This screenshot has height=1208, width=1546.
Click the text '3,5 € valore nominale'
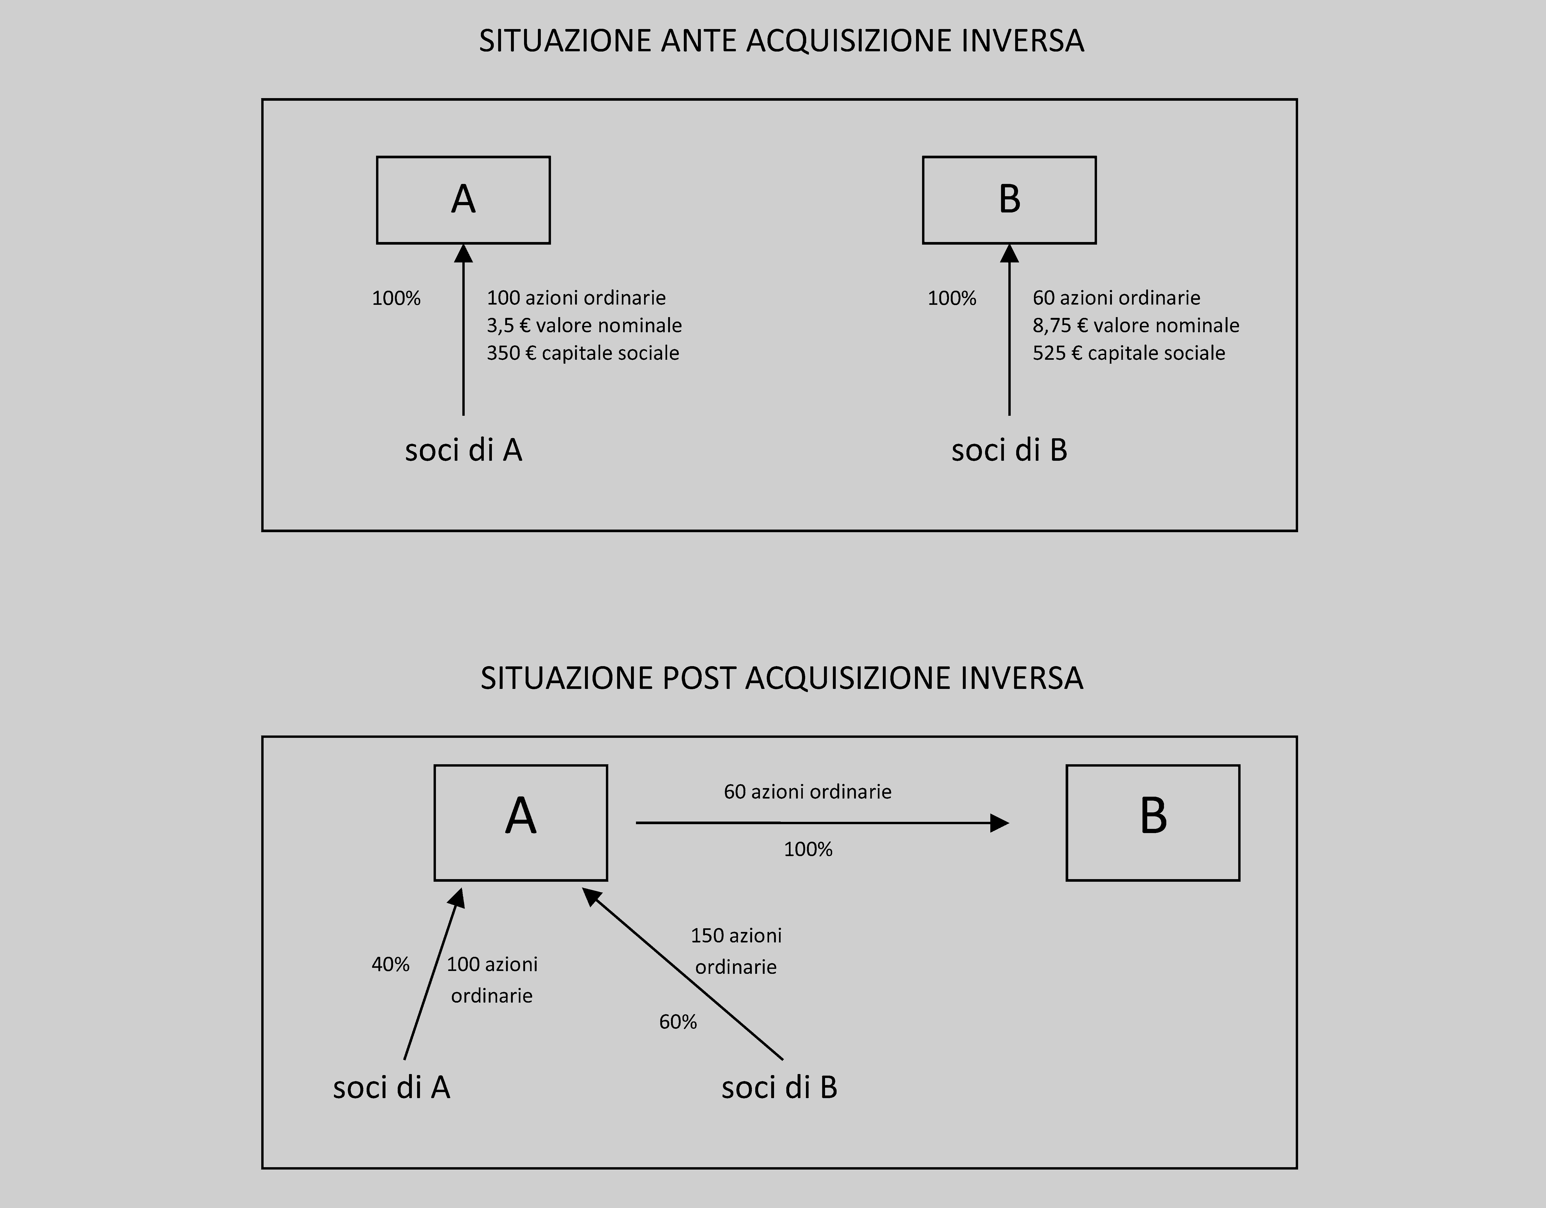[x=584, y=326]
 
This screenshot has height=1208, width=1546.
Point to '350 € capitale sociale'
[x=583, y=353]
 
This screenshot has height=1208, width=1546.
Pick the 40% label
[x=391, y=964]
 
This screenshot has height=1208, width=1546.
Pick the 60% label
[x=678, y=1022]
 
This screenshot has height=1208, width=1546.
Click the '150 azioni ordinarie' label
[x=736, y=951]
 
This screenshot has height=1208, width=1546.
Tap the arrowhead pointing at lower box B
[x=999, y=823]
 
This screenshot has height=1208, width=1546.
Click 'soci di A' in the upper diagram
[x=464, y=450]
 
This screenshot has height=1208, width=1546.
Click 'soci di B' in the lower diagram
[x=779, y=1088]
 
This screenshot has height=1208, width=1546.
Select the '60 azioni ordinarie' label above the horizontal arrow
[x=808, y=792]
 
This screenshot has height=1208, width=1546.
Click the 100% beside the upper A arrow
[x=396, y=298]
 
